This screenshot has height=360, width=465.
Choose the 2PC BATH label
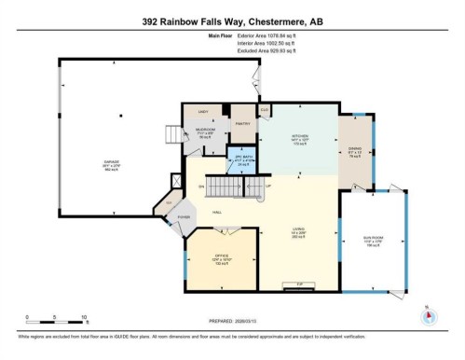click(x=239, y=158)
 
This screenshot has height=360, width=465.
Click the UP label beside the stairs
click(x=268, y=186)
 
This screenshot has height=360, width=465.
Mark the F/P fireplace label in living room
click(x=299, y=283)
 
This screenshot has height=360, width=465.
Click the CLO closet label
click(x=265, y=111)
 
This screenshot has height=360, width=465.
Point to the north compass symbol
click(x=427, y=315)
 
